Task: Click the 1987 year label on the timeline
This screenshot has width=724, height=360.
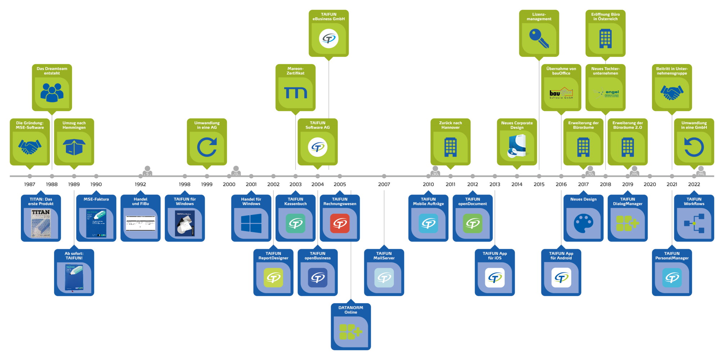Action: click(x=30, y=184)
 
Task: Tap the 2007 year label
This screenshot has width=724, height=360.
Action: click(x=384, y=184)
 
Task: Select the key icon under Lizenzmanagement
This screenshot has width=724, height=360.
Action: click(x=539, y=39)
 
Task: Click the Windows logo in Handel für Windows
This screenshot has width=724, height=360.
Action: click(x=251, y=223)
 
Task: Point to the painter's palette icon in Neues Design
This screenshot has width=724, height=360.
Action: click(x=583, y=223)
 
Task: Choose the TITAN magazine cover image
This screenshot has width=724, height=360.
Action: click(x=41, y=223)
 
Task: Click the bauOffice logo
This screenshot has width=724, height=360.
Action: click(x=561, y=93)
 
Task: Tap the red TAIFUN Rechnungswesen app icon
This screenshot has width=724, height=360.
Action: click(x=340, y=223)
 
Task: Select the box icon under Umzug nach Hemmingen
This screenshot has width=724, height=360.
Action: click(x=74, y=147)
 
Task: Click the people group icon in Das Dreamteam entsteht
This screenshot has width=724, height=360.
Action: click(x=52, y=93)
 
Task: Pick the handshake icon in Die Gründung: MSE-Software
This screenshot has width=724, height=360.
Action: click(x=30, y=147)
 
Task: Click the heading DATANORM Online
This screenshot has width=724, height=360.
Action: click(x=350, y=310)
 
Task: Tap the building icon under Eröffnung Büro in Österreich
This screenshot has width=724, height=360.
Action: click(x=605, y=39)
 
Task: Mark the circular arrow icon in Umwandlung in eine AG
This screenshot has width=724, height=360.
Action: click(x=207, y=147)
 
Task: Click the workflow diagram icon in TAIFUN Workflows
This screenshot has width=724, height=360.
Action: click(x=694, y=223)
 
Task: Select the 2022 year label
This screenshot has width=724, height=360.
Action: click(x=694, y=184)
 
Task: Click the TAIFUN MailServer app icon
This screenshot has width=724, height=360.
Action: click(x=384, y=278)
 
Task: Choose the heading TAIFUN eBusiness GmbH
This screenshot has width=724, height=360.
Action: click(x=329, y=17)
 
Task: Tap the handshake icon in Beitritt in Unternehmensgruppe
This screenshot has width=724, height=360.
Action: click(x=672, y=93)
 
